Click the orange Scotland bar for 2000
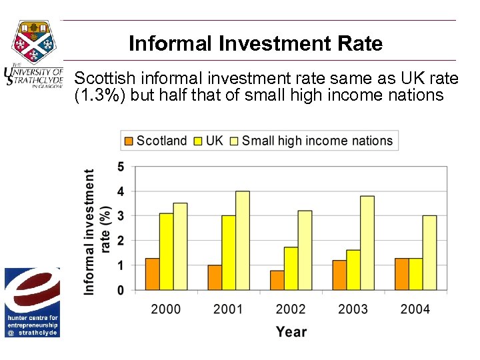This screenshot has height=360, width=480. point(152,274)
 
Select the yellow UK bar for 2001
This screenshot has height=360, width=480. point(229,253)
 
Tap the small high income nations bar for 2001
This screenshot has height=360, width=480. point(243,241)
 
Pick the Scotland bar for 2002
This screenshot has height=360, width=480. point(277,280)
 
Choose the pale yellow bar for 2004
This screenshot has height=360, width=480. point(430,253)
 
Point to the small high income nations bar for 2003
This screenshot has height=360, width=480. point(367,243)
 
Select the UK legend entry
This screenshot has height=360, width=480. point(209,141)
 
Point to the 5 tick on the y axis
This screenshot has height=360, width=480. point(121,167)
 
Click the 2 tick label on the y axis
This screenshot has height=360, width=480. point(121,241)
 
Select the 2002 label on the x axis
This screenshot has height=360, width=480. point(291,309)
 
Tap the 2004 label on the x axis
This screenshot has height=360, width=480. point(415,309)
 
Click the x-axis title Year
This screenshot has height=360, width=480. point(291,331)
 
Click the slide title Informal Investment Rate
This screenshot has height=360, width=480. point(255,44)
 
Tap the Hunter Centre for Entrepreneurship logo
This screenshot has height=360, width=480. point(32,302)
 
